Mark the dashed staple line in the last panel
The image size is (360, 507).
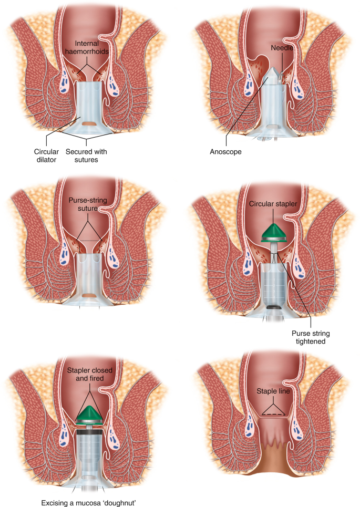(271, 414)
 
